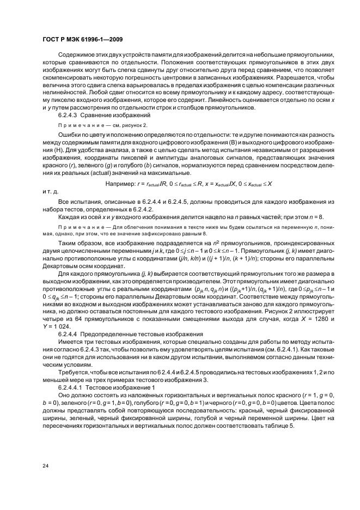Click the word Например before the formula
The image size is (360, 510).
click(x=123, y=184)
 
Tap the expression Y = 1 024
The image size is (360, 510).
click(x=56, y=325)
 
